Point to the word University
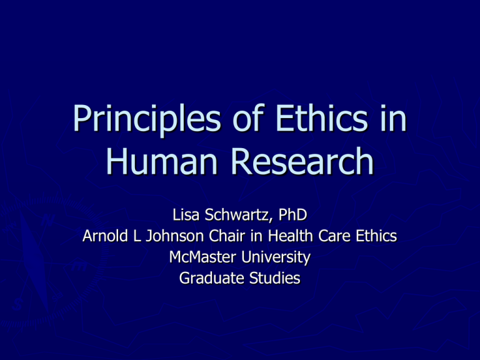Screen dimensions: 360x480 click(275, 257)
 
